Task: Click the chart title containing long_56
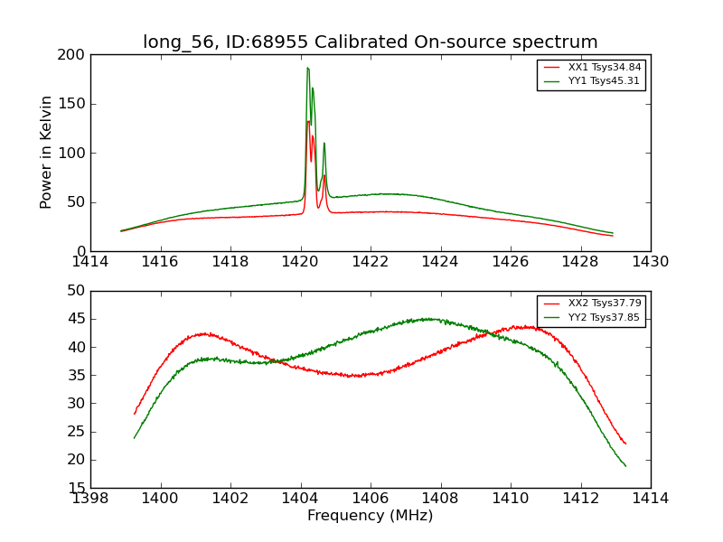(x=370, y=42)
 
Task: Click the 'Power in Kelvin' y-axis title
(x=46, y=153)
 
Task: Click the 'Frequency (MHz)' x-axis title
(x=370, y=516)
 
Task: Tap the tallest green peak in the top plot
(x=307, y=68)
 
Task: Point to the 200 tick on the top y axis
(x=75, y=55)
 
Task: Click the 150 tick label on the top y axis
(x=75, y=104)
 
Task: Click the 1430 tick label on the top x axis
(x=650, y=263)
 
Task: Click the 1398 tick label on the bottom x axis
(x=90, y=500)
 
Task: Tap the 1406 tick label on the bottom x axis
(x=370, y=500)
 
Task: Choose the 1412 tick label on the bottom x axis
(x=580, y=500)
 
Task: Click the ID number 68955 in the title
(x=282, y=42)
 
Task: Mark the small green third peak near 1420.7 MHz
(x=324, y=144)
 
